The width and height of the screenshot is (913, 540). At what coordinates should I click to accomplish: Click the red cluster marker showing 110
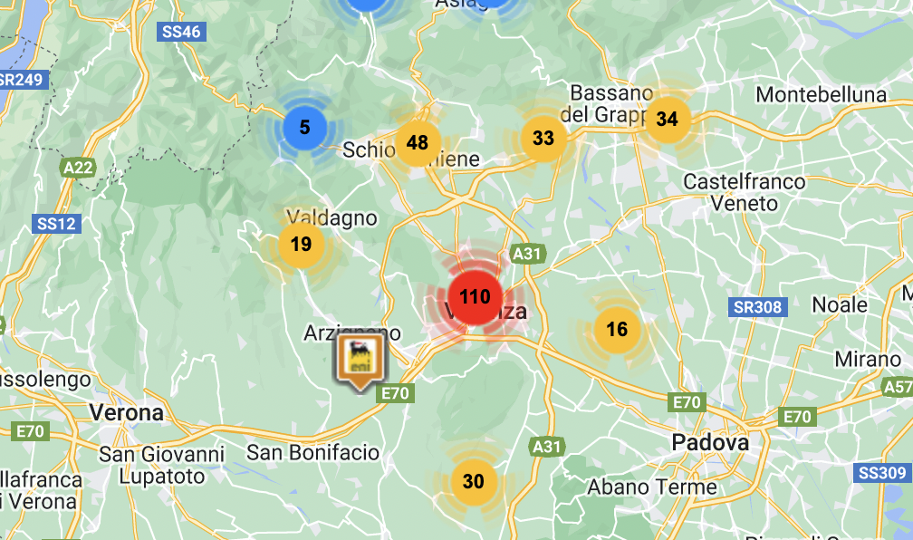[x=475, y=297]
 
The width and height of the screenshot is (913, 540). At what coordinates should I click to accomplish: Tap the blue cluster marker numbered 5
[x=304, y=127]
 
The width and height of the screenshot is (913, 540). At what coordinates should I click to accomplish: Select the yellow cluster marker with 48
[x=418, y=142]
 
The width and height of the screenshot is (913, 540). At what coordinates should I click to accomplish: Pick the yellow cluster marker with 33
[x=543, y=139]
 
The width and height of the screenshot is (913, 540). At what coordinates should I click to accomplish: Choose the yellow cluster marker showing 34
[x=668, y=119]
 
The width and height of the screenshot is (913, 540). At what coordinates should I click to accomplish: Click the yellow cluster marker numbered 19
[x=302, y=244]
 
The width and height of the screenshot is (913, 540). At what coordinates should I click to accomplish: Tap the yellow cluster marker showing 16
[x=617, y=329]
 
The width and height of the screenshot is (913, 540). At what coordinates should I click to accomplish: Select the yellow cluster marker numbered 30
[x=474, y=481]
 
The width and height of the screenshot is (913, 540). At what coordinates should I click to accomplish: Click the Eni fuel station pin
[x=360, y=359]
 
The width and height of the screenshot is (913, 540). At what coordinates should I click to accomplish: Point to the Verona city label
[x=127, y=413]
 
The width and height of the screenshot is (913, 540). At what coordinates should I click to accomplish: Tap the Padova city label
[x=711, y=443]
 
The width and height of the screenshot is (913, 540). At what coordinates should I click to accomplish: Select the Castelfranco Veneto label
[x=744, y=193]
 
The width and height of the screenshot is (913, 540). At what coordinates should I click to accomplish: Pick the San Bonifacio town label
[x=313, y=452]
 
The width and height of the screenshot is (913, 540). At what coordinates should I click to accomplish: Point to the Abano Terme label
[x=652, y=487]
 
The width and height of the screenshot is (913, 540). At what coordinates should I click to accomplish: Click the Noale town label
[x=840, y=304]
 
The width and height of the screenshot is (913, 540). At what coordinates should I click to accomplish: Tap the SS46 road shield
[x=181, y=32]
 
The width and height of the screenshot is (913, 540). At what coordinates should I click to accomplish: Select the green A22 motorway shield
[x=79, y=167]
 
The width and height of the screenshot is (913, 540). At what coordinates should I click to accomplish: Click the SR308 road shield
[x=756, y=307]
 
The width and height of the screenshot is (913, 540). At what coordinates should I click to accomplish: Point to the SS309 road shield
[x=882, y=472]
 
